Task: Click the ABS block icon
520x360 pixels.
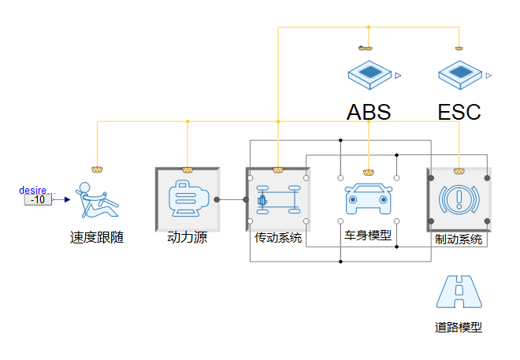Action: click(x=370, y=75)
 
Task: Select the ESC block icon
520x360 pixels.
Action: click(x=459, y=75)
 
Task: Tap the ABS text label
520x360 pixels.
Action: click(x=369, y=112)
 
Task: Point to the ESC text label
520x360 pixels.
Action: click(x=459, y=112)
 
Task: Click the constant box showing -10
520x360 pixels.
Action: click(x=38, y=199)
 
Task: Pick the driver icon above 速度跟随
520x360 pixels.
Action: click(x=98, y=200)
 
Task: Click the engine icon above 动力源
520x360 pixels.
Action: click(x=188, y=199)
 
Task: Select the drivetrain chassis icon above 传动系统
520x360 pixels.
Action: click(x=278, y=199)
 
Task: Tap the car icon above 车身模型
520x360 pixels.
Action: click(x=369, y=199)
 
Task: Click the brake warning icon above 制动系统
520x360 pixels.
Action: click(x=459, y=199)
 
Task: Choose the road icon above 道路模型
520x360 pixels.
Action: click(x=459, y=292)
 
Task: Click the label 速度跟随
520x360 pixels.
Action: click(x=97, y=238)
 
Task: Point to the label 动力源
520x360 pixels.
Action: click(x=188, y=238)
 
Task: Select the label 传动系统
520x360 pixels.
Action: click(x=278, y=237)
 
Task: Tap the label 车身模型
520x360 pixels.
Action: click(x=368, y=235)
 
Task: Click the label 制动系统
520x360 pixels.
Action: click(x=459, y=239)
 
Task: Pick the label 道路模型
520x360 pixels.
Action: click(x=459, y=328)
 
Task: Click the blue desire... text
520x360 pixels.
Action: click(x=37, y=190)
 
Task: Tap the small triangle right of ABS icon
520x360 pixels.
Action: click(x=399, y=76)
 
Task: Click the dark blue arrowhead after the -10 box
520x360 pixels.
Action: click(x=67, y=199)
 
